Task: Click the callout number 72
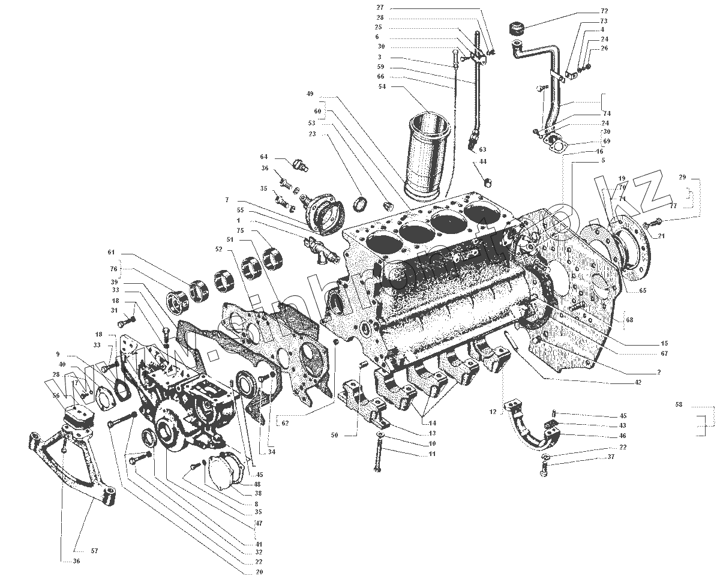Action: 604,11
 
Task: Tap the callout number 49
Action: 310,94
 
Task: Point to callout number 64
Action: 264,157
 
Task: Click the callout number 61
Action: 111,253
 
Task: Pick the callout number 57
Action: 77,550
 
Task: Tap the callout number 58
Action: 678,405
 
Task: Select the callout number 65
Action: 643,290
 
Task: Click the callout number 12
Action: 493,412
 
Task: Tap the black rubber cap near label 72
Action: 516,28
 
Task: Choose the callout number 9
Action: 58,353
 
